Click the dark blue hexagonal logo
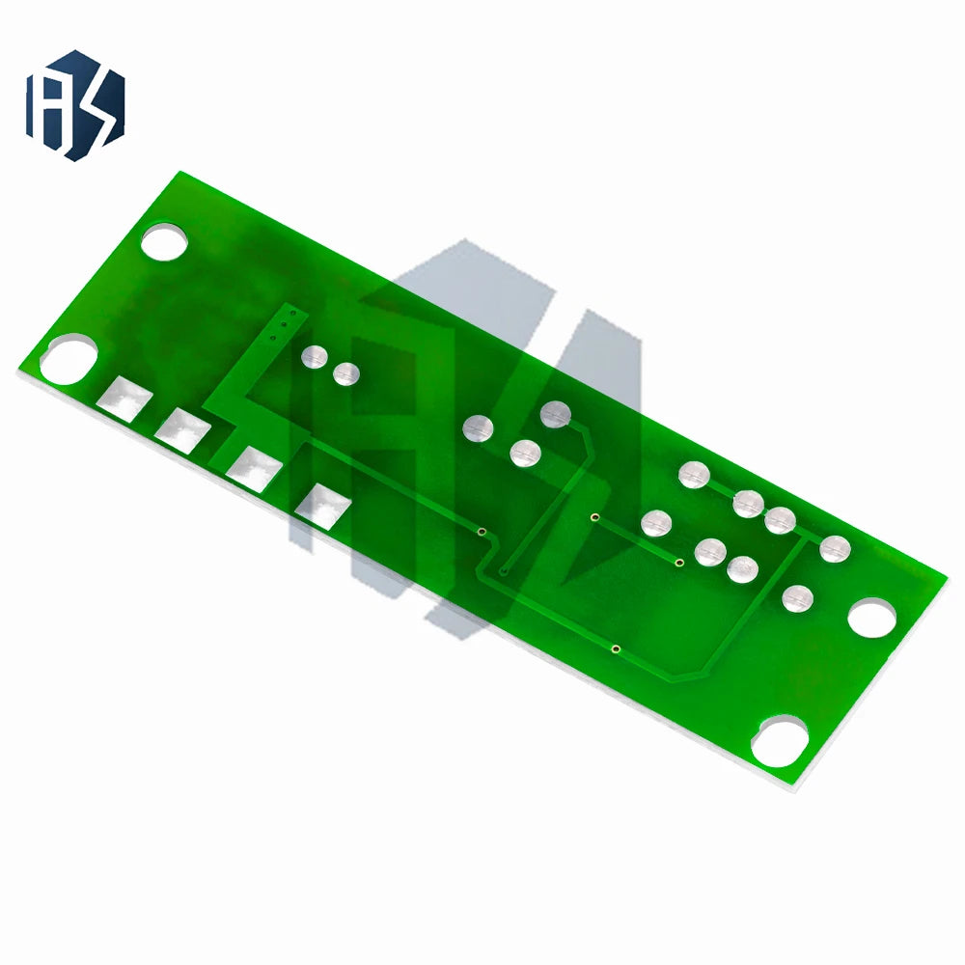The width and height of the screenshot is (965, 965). coord(75,105)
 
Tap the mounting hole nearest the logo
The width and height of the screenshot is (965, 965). coord(164,241)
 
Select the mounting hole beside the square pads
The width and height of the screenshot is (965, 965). coord(69,359)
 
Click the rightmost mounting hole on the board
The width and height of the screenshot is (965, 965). coord(872,617)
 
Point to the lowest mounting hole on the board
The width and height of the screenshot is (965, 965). coord(780,741)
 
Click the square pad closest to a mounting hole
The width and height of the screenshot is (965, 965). coord(124,400)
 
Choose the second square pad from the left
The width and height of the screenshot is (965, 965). coord(182,430)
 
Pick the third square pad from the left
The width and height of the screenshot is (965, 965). coord(254,469)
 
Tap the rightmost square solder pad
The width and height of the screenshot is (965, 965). coord(323,507)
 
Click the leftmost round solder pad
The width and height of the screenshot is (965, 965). coord(315,357)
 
